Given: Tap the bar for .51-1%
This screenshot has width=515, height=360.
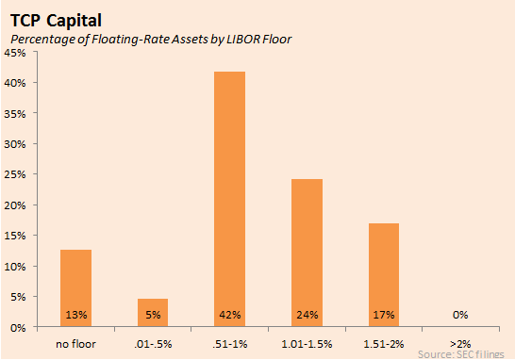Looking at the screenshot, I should point(229,199).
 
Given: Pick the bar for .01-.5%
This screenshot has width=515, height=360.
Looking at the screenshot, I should point(153,312).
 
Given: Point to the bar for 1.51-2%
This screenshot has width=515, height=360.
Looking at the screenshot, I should point(384,274).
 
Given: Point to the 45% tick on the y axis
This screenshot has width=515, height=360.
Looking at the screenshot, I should point(15,54).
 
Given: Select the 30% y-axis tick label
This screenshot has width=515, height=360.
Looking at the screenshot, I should point(15,144).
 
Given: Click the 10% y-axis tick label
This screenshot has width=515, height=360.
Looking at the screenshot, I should point(15,266).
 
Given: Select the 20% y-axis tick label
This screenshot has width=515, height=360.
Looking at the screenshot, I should point(15,205).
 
